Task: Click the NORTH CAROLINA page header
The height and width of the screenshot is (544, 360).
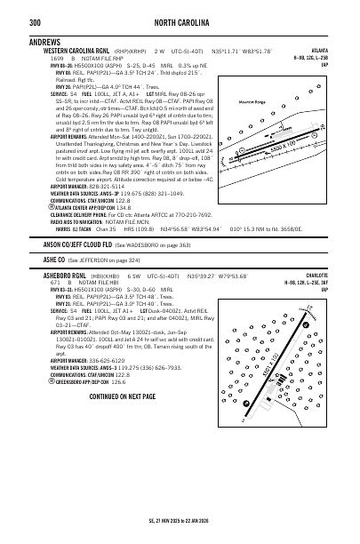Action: point(180,12)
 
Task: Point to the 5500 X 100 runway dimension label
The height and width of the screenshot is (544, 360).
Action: point(284,147)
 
